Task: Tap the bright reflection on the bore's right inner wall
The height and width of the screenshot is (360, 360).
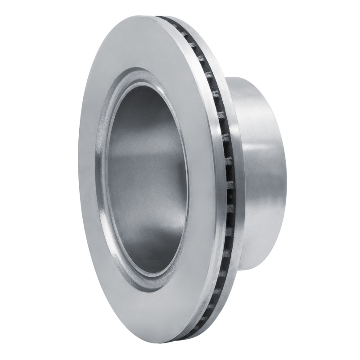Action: (178, 180)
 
